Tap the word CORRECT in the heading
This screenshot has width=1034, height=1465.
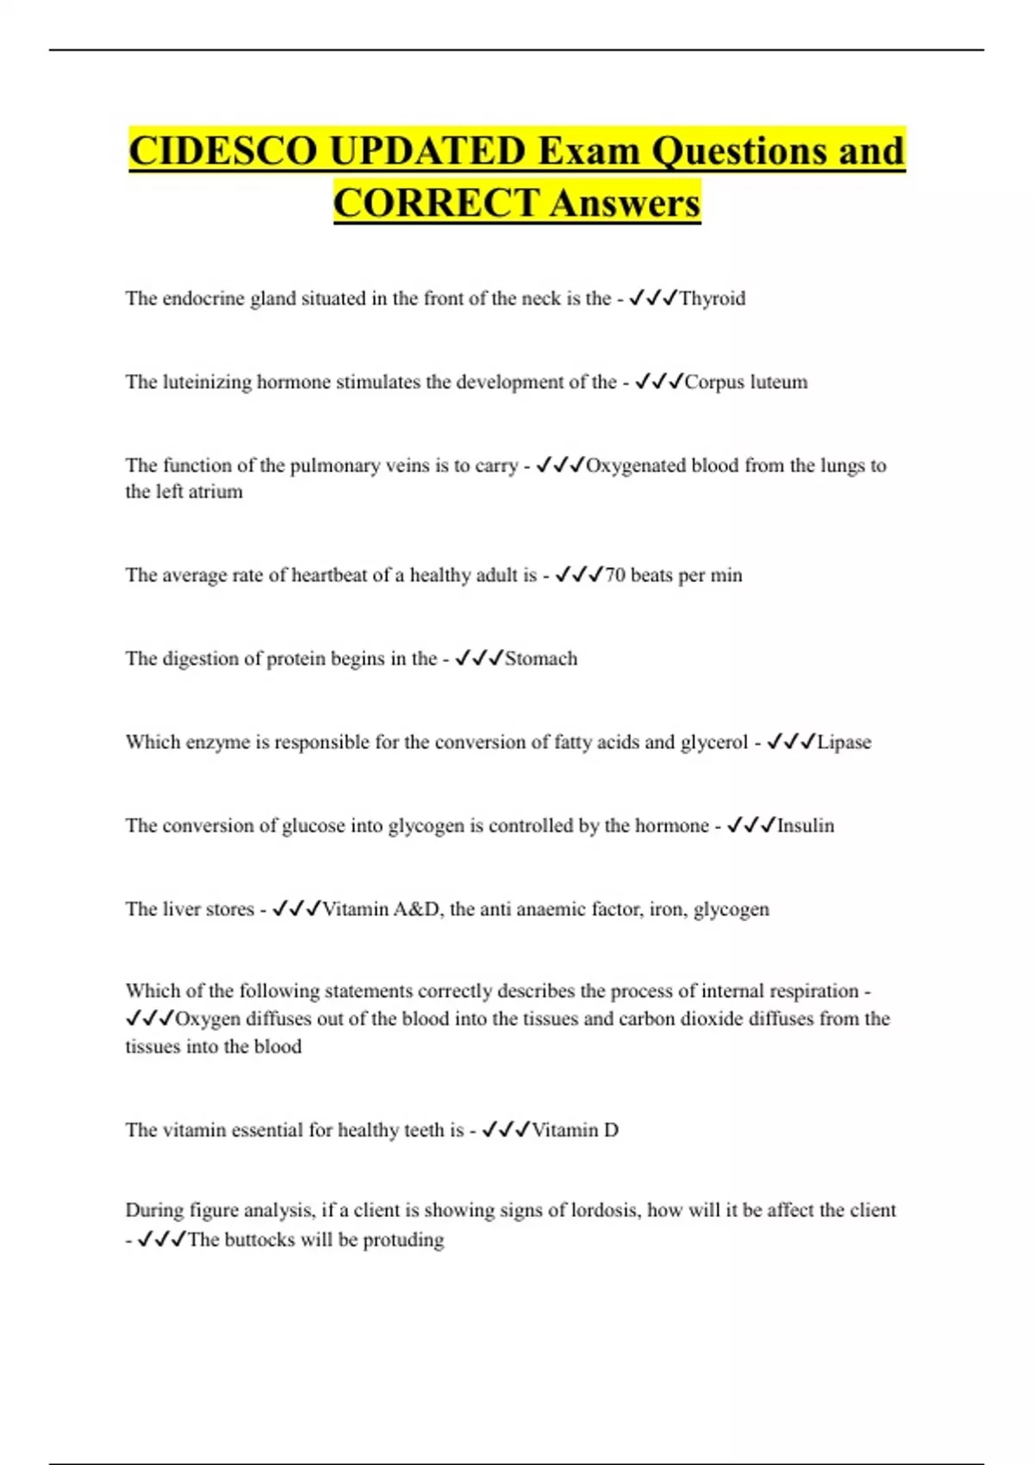tap(436, 203)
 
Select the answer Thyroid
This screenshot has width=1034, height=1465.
tap(712, 298)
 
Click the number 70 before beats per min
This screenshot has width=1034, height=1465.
tap(615, 575)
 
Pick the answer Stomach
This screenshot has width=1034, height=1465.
tap(541, 658)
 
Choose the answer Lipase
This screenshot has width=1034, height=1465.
tap(844, 742)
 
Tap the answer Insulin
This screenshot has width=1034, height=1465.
tap(806, 826)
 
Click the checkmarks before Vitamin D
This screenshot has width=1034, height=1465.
tap(505, 1130)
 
